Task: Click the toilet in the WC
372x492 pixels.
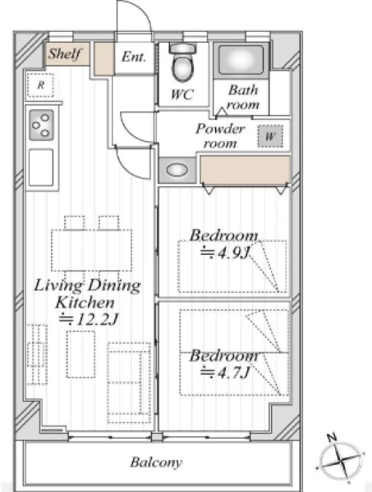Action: click(x=182, y=63)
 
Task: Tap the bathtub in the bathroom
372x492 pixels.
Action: click(x=241, y=60)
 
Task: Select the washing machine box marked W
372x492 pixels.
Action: click(x=270, y=136)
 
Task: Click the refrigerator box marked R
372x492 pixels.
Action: click(x=40, y=85)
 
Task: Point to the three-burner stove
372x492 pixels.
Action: click(x=41, y=125)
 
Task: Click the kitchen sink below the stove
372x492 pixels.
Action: click(x=41, y=167)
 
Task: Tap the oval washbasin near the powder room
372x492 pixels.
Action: click(x=177, y=170)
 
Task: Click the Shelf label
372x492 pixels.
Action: click(x=64, y=54)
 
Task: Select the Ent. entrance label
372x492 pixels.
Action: click(x=134, y=57)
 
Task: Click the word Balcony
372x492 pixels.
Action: click(x=156, y=462)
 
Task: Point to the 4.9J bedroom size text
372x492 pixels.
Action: click(x=225, y=253)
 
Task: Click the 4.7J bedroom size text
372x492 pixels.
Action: click(x=225, y=372)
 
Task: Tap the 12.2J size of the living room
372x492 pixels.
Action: click(x=89, y=320)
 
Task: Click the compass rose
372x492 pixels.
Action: click(x=340, y=460)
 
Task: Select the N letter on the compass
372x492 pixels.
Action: click(x=332, y=437)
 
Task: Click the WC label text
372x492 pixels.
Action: click(x=182, y=94)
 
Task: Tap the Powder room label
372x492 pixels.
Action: click(x=220, y=136)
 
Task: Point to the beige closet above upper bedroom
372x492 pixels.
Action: click(x=245, y=170)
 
